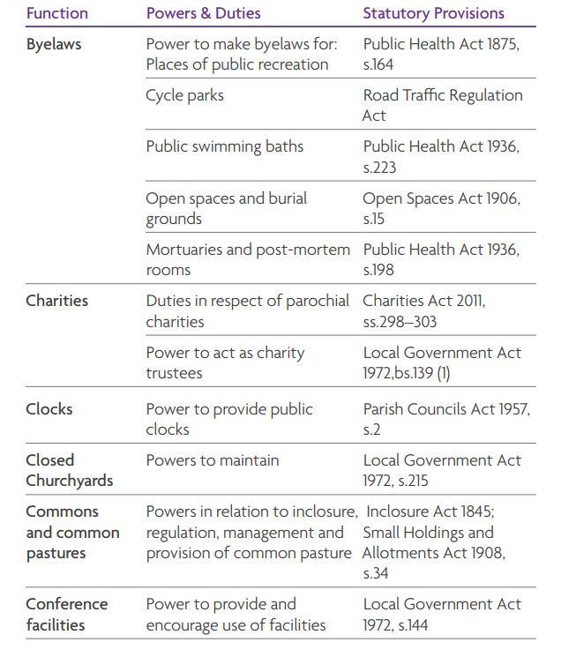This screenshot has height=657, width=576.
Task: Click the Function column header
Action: click(56, 13)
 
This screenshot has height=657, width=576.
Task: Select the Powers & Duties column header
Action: click(204, 13)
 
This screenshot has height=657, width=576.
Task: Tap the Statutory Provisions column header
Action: click(433, 13)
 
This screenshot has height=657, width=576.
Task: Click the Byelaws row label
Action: click(53, 44)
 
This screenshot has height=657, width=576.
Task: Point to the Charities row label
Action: click(56, 301)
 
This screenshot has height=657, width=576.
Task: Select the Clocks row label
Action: click(49, 409)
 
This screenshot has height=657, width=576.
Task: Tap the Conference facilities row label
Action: click(67, 615)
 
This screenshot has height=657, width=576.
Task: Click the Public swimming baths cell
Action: click(224, 146)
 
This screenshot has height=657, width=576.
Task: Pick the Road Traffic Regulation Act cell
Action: click(442, 105)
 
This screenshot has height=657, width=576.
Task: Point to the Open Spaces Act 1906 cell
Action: click(441, 198)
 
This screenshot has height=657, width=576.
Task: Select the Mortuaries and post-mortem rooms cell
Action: click(247, 259)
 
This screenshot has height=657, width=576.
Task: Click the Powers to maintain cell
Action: click(212, 460)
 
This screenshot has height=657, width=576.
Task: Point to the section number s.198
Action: click(378, 270)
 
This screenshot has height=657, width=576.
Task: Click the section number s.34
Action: click(376, 574)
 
